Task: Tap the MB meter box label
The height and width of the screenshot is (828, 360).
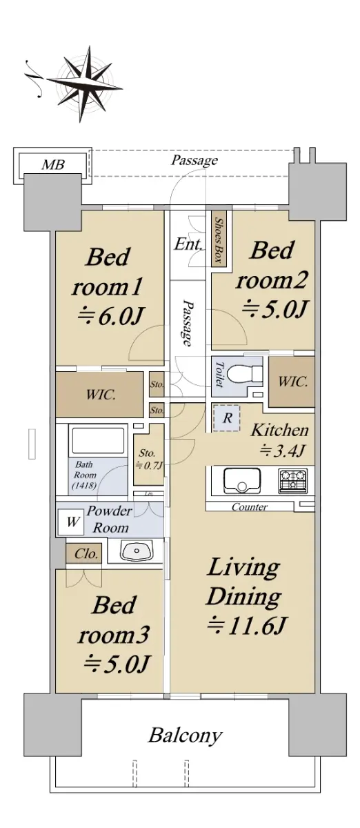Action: click(x=53, y=164)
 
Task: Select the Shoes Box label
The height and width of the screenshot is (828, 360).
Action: click(x=219, y=240)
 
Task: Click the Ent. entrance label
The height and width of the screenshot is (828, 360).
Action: click(x=188, y=244)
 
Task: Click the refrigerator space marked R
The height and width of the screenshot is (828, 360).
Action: click(x=228, y=418)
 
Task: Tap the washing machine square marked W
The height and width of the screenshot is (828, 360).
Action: click(x=72, y=522)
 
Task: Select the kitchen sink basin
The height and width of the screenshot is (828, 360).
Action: click(x=243, y=480)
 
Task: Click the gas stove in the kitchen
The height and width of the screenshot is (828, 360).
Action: click(x=293, y=480)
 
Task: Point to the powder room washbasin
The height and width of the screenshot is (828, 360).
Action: click(x=137, y=551)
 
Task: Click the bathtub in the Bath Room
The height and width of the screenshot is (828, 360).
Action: click(x=98, y=441)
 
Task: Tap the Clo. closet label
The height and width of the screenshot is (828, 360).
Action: click(x=86, y=553)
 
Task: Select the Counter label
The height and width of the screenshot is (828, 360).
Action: click(x=250, y=506)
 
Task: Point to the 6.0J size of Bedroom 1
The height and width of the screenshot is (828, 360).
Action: click(x=110, y=316)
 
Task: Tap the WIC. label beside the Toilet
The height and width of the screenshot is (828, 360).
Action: click(x=292, y=381)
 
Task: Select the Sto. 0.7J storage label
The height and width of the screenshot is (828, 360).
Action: click(x=148, y=459)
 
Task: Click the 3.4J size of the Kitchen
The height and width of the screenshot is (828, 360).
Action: click(x=282, y=450)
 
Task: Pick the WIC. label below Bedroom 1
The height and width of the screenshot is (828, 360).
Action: click(x=101, y=395)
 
